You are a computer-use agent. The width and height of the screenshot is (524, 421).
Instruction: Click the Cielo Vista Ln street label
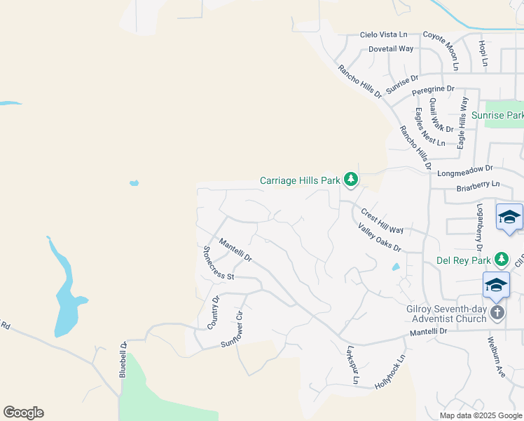point(383,34)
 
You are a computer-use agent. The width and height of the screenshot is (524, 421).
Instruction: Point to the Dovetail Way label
point(391,49)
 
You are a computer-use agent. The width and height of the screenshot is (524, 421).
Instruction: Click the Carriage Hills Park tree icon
point(351,181)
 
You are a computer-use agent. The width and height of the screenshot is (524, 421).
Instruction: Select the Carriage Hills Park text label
point(300,180)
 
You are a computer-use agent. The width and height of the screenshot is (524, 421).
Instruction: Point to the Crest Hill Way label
point(382,220)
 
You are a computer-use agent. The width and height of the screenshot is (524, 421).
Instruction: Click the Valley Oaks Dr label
point(379,238)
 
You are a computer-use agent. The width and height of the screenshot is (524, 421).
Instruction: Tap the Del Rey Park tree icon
point(502,260)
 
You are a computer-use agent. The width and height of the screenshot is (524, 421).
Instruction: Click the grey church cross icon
point(497,312)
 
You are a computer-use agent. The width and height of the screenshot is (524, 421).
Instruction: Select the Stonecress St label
point(218,263)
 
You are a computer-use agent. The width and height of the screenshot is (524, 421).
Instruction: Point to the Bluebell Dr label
point(123,360)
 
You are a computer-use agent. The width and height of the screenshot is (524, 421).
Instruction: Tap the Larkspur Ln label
point(352,364)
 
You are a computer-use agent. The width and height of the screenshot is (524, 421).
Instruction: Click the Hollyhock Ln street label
point(390,373)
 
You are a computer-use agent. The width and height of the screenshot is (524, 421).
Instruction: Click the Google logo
point(23,413)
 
